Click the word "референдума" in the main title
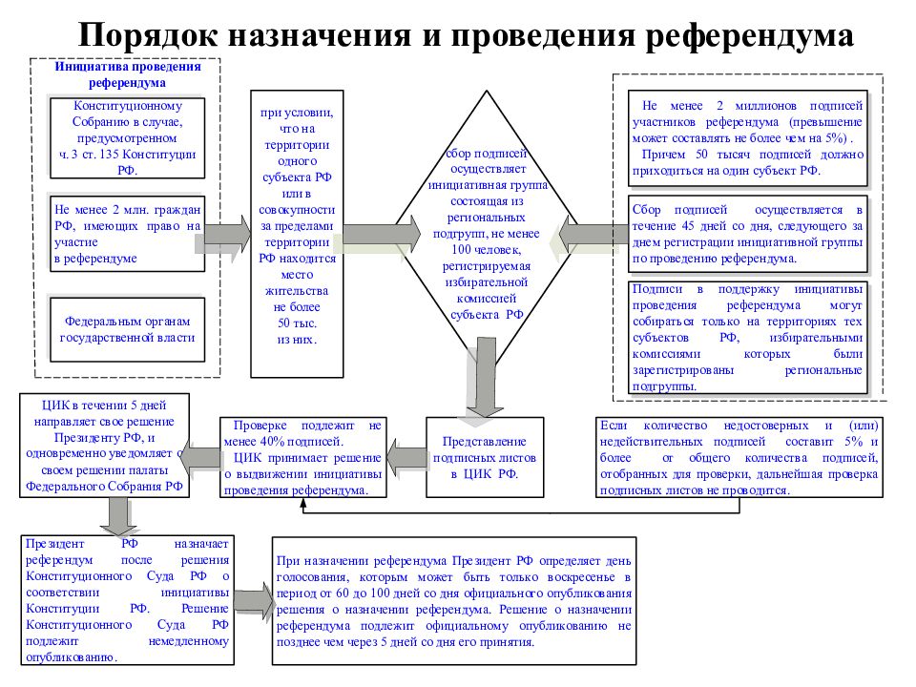[750, 34]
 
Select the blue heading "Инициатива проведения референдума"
[127, 74]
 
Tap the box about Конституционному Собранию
[127, 137]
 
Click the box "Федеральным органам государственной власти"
[127, 329]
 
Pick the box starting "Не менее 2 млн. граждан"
[127, 234]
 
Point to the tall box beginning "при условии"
[297, 234]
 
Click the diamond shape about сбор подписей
[487, 234]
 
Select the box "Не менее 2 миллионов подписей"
[748, 137]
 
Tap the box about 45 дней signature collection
[748, 234]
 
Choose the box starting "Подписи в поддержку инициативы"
[748, 337]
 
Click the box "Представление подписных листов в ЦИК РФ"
[485, 457]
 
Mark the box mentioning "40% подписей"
[303, 457]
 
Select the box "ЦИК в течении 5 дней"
[105, 446]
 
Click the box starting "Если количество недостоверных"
[739, 457]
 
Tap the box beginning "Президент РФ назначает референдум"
[127, 600]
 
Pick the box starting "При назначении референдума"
[454, 601]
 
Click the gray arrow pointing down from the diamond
[485, 377]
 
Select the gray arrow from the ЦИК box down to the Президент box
[118, 516]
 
